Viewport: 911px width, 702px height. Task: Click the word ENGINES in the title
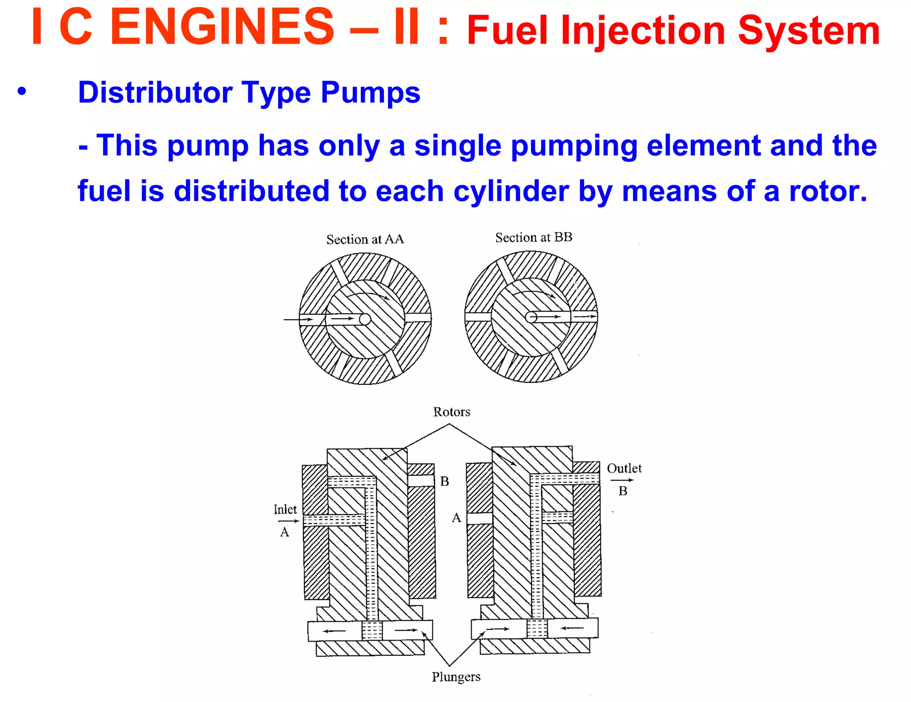tap(222, 28)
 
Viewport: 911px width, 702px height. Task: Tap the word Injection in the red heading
tap(643, 31)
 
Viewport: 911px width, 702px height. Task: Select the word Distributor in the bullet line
tap(155, 93)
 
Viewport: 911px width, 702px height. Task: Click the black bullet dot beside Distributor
tap(22, 92)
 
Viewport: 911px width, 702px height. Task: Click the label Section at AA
tap(365, 239)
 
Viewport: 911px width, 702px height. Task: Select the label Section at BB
tap(533, 238)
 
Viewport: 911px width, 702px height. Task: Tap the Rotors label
tap(451, 412)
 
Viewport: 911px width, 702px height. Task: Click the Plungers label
tap(456, 677)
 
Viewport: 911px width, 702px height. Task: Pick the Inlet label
tap(285, 509)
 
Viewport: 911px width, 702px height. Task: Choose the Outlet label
tap(624, 468)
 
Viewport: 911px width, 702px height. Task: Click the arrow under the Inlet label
tap(288, 521)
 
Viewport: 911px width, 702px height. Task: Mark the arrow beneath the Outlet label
tap(621, 480)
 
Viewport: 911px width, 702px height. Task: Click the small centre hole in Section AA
tap(365, 319)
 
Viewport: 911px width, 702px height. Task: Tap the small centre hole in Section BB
tap(531, 317)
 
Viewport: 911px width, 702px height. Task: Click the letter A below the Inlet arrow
tap(285, 532)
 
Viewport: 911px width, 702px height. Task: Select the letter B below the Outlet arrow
tap(623, 491)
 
